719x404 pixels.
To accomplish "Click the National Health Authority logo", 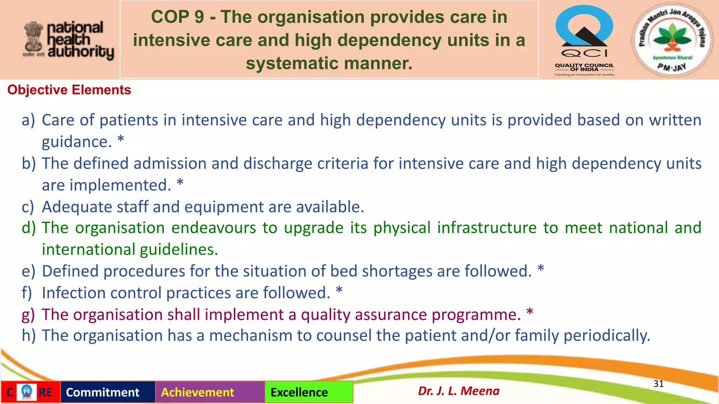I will click(x=69, y=40).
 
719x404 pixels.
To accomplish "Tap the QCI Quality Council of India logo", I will click(x=584, y=40).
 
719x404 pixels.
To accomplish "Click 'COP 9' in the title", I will click(x=177, y=17).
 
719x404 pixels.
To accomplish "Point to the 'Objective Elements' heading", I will click(x=69, y=90).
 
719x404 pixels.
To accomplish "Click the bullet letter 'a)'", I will click(x=28, y=120).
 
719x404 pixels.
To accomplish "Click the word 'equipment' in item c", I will click(x=224, y=207).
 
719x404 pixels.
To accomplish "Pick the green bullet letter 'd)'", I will click(x=29, y=228).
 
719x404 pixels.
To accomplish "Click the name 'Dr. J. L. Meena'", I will click(x=459, y=391).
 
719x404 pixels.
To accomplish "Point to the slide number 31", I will click(x=658, y=384).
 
